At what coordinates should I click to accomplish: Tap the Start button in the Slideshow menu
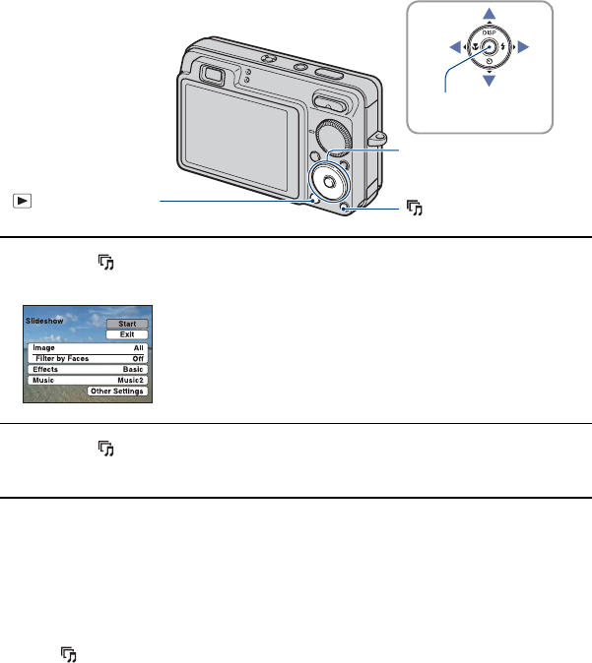[127, 324]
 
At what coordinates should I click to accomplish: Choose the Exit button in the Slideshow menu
[127, 334]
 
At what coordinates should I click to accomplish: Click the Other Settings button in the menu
[118, 392]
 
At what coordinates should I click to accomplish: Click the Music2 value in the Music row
[131, 380]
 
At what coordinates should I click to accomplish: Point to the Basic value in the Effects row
[133, 369]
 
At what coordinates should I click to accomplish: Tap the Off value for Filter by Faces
[138, 358]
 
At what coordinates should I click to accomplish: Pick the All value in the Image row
[139, 347]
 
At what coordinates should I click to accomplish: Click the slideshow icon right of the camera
[415, 208]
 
